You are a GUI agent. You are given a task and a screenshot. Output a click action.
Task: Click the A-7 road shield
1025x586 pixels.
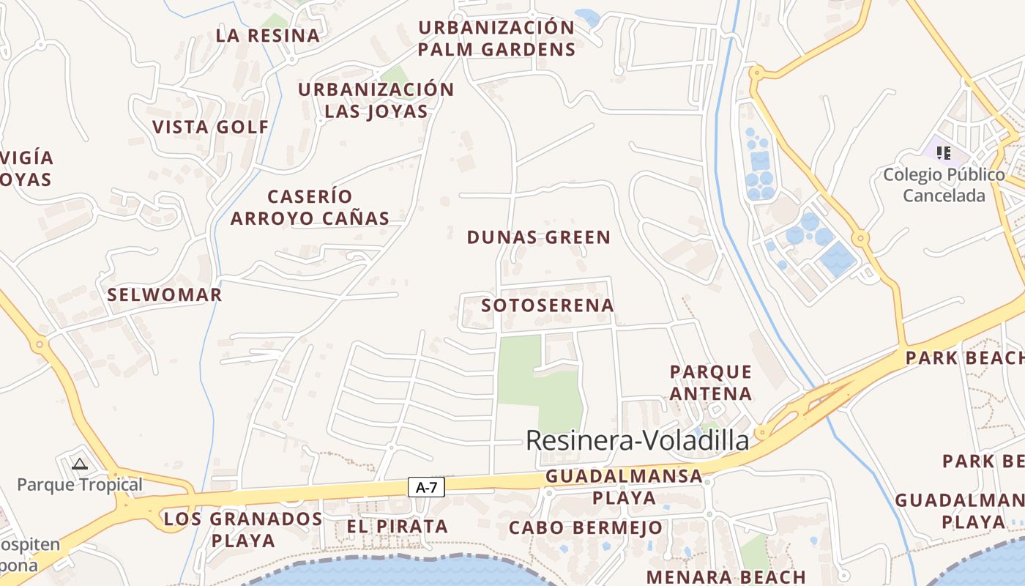pyautogui.click(x=425, y=487)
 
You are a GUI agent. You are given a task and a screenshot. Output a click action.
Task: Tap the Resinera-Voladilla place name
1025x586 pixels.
pyautogui.click(x=638, y=441)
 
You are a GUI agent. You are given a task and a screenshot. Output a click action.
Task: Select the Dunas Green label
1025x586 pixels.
pyautogui.click(x=539, y=237)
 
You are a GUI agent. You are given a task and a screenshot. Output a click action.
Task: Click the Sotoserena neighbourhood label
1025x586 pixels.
pyautogui.click(x=548, y=305)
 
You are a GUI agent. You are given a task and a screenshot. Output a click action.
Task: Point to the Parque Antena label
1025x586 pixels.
pyautogui.click(x=711, y=382)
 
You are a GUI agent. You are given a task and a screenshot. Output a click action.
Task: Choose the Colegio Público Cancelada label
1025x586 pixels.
pyautogui.click(x=944, y=185)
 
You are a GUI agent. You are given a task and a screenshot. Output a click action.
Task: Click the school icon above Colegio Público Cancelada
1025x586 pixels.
pyautogui.click(x=944, y=153)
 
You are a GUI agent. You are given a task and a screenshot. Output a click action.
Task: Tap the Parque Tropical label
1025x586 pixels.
pyautogui.click(x=80, y=485)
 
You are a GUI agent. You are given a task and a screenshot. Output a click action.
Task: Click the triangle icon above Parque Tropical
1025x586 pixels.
pyautogui.click(x=80, y=463)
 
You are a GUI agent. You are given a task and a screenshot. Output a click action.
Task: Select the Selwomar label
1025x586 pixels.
pyautogui.click(x=164, y=295)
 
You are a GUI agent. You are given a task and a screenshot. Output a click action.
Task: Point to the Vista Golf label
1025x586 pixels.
pyautogui.click(x=211, y=127)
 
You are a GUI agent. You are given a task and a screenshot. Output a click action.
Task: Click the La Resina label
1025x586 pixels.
pyautogui.click(x=268, y=35)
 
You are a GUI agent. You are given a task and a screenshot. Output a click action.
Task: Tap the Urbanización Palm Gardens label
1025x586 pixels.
pyautogui.click(x=497, y=39)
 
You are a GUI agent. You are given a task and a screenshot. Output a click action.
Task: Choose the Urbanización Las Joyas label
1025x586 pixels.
pyautogui.click(x=376, y=100)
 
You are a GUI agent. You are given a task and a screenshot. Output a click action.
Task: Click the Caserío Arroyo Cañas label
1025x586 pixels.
pyautogui.click(x=310, y=207)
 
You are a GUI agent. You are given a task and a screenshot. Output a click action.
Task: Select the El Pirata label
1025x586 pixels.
pyautogui.click(x=396, y=526)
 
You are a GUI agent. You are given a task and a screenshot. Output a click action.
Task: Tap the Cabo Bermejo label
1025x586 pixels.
pyautogui.click(x=586, y=527)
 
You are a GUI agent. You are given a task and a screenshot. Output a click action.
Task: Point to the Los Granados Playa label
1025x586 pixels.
pyautogui.click(x=242, y=530)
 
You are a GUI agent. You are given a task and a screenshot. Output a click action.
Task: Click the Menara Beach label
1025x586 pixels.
pyautogui.click(x=725, y=577)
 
